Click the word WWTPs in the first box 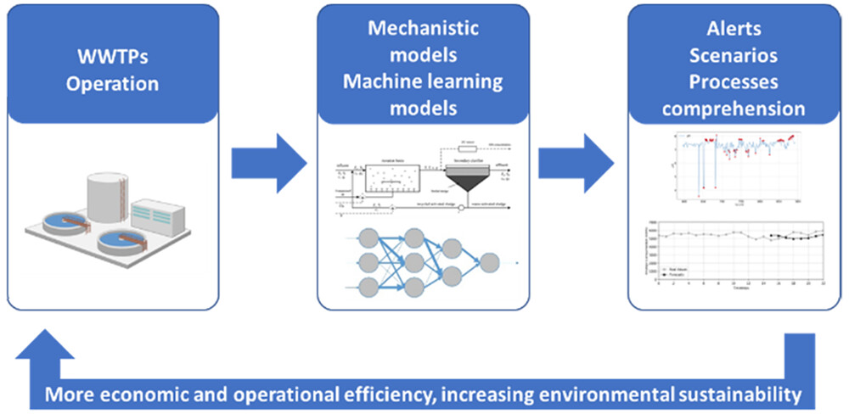tap(113, 61)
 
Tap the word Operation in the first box tap(113, 85)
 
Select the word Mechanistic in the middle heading tap(423, 28)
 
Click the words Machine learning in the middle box tap(423, 82)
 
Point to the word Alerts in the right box tap(734, 28)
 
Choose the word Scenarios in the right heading tap(734, 55)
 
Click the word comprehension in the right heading tap(734, 109)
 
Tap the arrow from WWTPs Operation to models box tap(268, 161)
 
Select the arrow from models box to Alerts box tap(576, 161)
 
